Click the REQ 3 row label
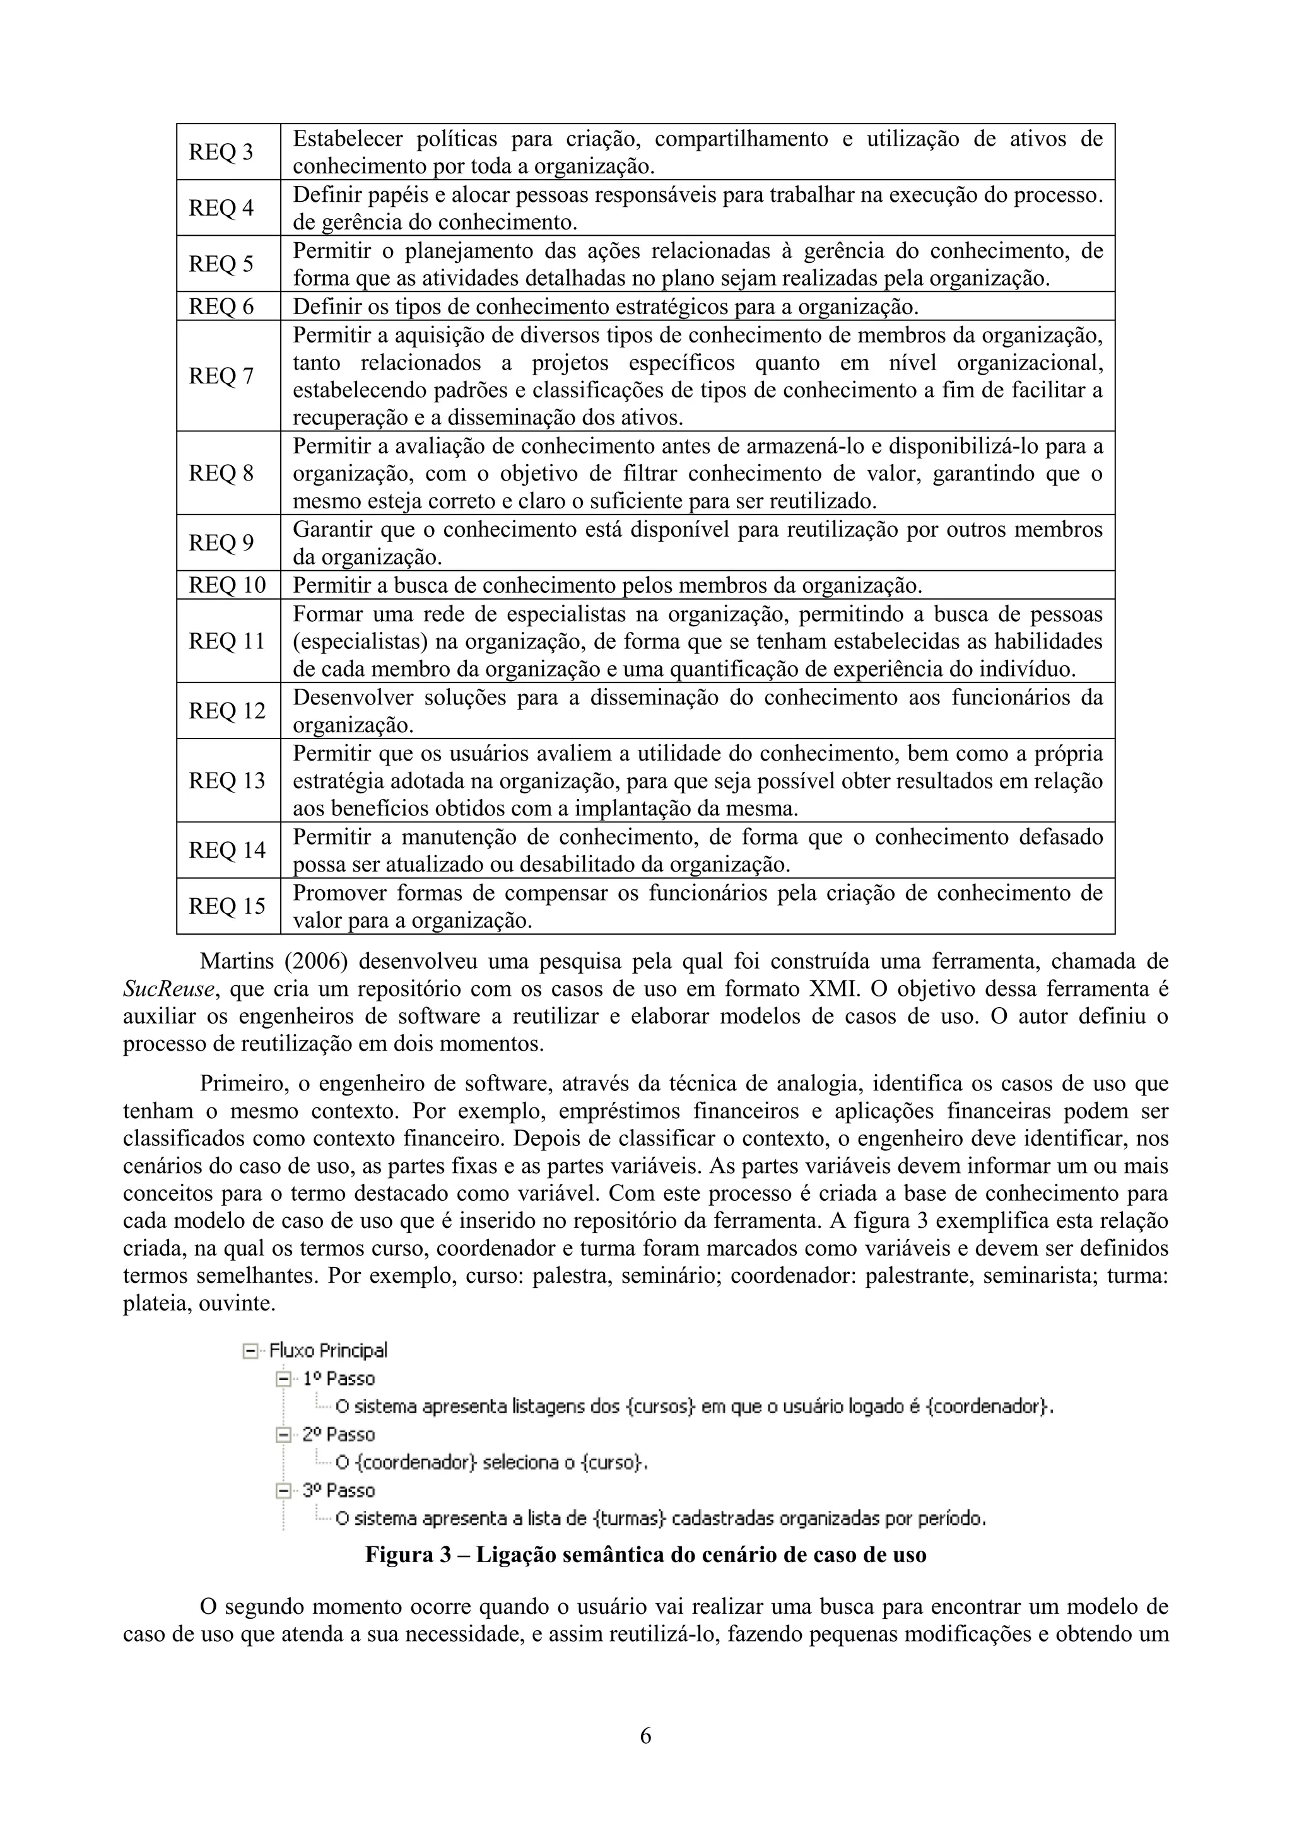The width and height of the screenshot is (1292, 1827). point(221,152)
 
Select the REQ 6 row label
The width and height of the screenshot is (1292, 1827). point(221,306)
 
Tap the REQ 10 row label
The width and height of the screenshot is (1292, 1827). point(227,586)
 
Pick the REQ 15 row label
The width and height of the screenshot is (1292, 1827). point(227,906)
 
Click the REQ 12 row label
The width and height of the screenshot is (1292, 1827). point(227,711)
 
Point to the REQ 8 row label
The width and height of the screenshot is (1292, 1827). point(221,474)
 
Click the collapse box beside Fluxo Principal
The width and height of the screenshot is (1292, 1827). point(250,1350)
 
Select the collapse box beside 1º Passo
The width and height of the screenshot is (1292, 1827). point(283,1378)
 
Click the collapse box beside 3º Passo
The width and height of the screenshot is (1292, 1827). point(283,1490)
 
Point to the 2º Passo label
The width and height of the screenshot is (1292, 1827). point(338,1435)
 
